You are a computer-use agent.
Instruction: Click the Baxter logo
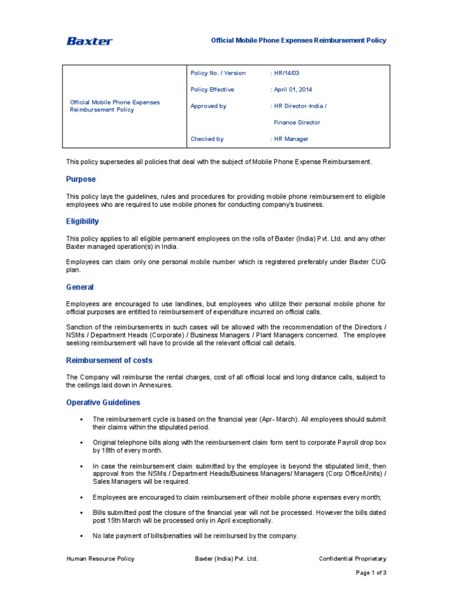coord(89,41)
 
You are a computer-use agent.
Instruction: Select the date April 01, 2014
coord(293,90)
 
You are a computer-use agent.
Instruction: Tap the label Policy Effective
coord(212,90)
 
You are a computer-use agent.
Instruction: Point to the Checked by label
coord(207,139)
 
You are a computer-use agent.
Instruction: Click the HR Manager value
coord(291,139)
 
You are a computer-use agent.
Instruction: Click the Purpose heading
coord(81,179)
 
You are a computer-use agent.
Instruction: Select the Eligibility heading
coord(83,222)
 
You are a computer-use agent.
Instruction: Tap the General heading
coord(80,287)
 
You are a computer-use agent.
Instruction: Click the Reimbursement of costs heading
coord(109,360)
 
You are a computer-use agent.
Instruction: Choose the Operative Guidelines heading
coord(103,402)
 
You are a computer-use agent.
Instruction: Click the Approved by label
coord(208,106)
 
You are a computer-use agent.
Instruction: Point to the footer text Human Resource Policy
coord(100,559)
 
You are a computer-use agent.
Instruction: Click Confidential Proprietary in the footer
coord(353,559)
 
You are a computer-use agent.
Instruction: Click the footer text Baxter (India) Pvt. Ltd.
coord(226,559)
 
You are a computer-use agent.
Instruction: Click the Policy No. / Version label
coord(218,73)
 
